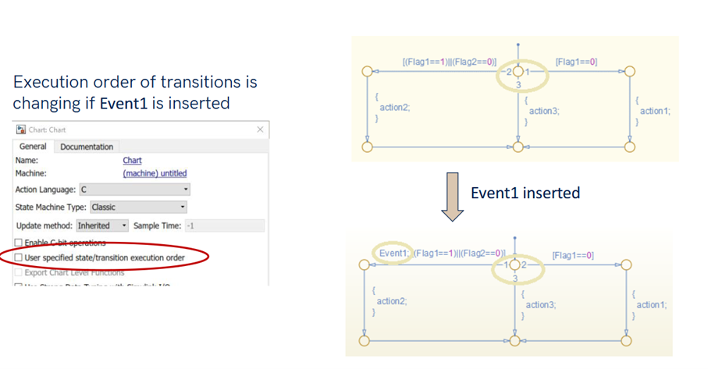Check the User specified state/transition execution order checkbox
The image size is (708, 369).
(x=19, y=257)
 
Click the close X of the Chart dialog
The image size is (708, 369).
(x=260, y=130)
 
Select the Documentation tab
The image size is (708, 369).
(x=87, y=147)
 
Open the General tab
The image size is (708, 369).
(x=33, y=147)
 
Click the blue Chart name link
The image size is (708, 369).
(x=132, y=160)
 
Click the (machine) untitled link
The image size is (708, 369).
(x=155, y=173)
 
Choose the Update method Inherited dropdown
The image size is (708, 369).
(x=102, y=225)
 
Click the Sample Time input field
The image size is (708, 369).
(x=225, y=225)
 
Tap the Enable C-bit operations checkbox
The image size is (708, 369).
(x=19, y=243)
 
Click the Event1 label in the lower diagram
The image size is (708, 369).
(x=393, y=253)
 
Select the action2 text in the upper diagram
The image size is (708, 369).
(x=394, y=108)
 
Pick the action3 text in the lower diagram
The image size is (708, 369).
(x=541, y=305)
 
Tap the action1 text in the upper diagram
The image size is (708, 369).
(x=654, y=111)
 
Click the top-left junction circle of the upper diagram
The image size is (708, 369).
(x=367, y=71)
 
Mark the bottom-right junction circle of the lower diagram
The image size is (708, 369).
(x=626, y=341)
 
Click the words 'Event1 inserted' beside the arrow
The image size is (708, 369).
(x=525, y=193)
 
